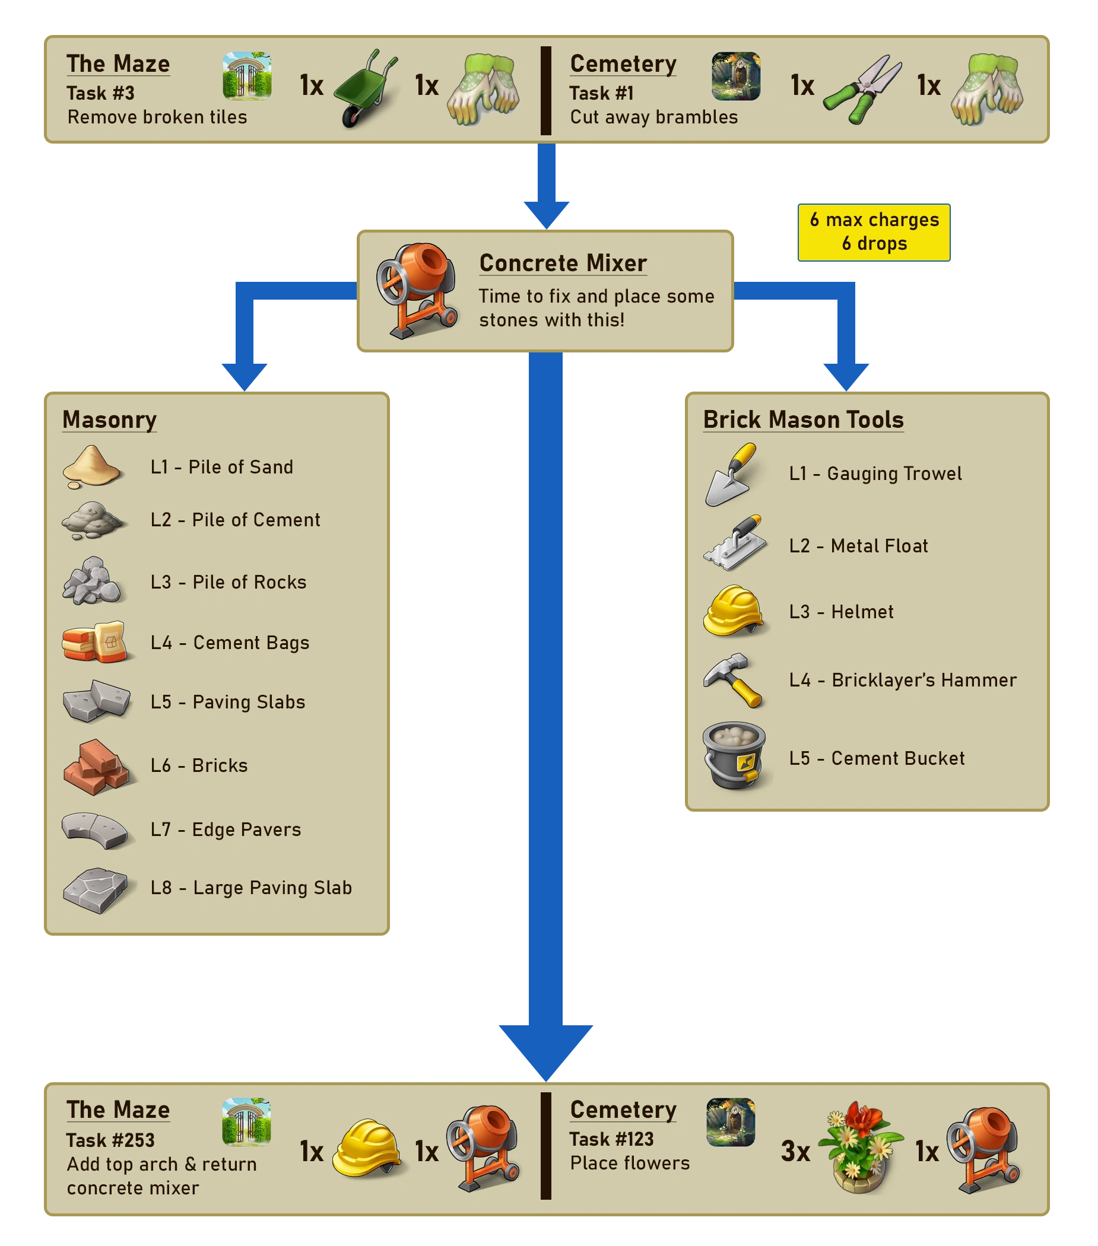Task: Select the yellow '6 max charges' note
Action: click(x=874, y=231)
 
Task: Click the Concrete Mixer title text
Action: click(x=563, y=263)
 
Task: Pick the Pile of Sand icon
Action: click(x=92, y=467)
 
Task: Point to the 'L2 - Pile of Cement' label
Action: click(x=236, y=520)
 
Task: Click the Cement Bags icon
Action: click(x=94, y=642)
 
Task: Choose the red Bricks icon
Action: click(x=96, y=767)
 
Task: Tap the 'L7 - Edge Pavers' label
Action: click(x=226, y=829)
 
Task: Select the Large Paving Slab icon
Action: click(x=95, y=890)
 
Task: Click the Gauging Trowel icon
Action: click(x=732, y=474)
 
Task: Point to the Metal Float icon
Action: click(x=735, y=543)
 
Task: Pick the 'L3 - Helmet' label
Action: click(x=842, y=612)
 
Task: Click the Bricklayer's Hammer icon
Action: click(x=733, y=680)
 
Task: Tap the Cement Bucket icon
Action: click(x=734, y=756)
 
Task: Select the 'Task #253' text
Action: click(x=110, y=1140)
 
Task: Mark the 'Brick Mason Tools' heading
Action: click(x=804, y=420)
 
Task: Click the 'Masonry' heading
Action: click(x=110, y=420)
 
